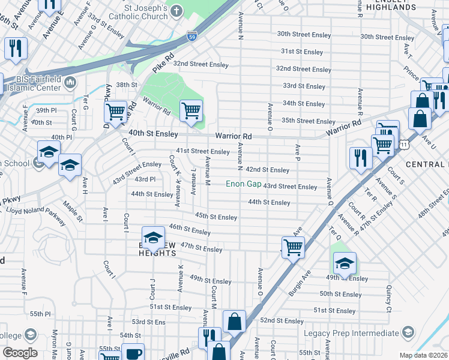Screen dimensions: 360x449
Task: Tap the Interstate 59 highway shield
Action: [x=191, y=36]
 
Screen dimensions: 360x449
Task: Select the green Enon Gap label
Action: [x=243, y=184]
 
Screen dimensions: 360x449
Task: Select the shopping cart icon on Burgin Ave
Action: [x=293, y=246]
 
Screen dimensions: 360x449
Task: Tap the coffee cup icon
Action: [x=133, y=353]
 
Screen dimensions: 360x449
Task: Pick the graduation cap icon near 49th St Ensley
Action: [x=345, y=262]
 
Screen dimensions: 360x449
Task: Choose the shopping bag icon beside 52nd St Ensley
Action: [x=234, y=321]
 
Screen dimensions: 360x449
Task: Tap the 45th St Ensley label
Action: [x=216, y=217]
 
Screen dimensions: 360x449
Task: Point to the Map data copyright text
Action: [x=423, y=355]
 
